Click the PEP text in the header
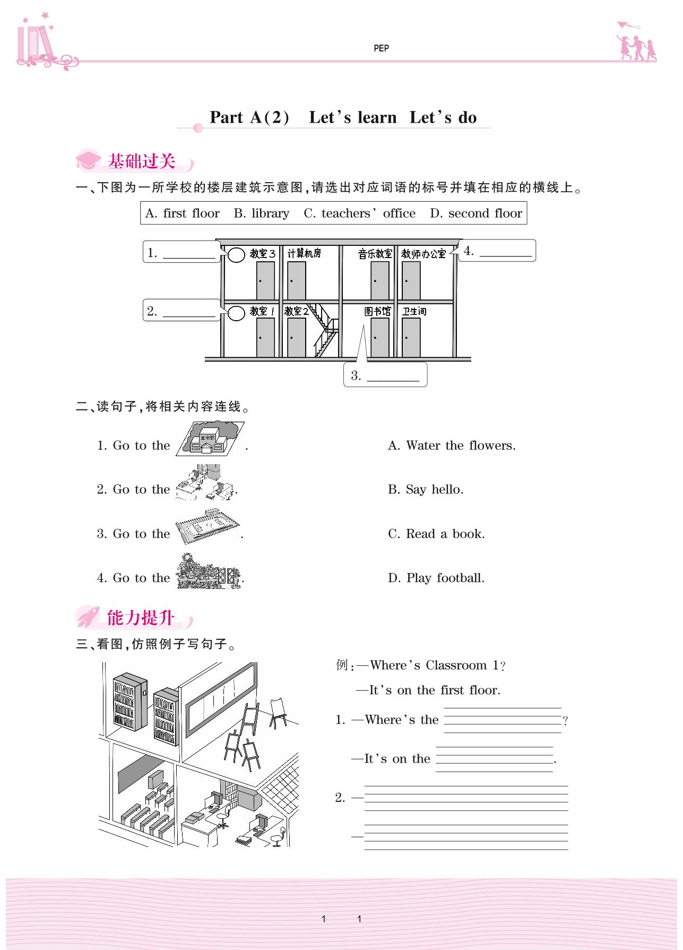click(381, 48)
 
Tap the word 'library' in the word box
click(270, 213)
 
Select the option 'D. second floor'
click(476, 213)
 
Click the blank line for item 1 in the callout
click(189, 256)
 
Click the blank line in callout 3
click(393, 379)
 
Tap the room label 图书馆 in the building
click(377, 311)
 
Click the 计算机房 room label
click(304, 253)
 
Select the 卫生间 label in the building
click(414, 311)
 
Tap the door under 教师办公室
click(411, 280)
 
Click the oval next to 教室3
click(236, 255)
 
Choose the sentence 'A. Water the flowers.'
click(452, 446)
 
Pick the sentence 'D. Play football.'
click(436, 578)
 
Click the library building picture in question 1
click(210, 438)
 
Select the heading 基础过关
click(141, 161)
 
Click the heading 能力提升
click(141, 618)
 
